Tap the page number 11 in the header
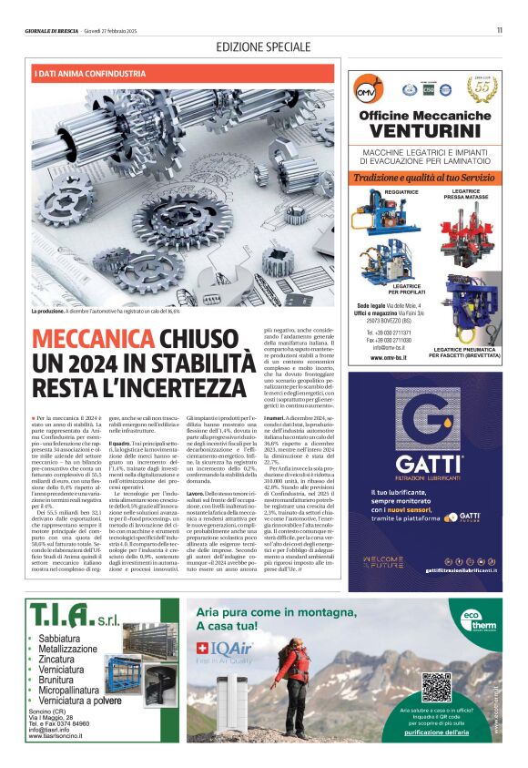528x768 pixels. [500, 30]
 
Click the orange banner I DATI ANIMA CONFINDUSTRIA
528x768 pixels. [90, 73]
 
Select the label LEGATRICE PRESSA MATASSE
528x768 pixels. [465, 194]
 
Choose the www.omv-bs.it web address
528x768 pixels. [389, 358]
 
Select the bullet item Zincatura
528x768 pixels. [56, 658]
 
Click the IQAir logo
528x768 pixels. [221, 649]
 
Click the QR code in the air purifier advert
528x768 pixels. [436, 686]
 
